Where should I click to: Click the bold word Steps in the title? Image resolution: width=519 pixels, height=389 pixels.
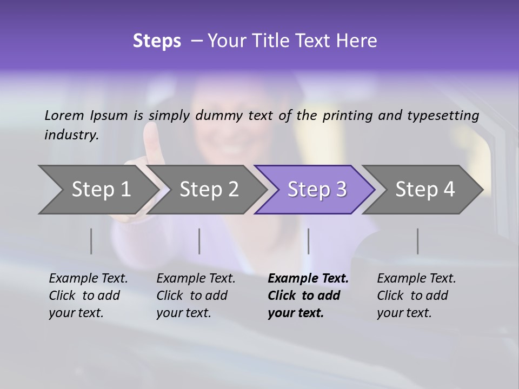point(157,41)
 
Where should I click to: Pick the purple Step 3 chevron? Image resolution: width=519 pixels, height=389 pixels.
point(317,190)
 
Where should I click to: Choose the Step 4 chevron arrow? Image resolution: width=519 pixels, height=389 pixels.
point(425,190)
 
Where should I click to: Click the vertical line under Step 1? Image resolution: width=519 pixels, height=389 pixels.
point(91,241)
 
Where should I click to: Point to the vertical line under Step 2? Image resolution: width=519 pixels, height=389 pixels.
point(199,241)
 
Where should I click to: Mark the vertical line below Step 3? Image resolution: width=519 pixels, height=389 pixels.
point(309,241)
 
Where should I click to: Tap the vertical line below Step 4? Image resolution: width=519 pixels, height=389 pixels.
point(417,241)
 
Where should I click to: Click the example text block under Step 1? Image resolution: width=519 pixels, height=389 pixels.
point(88,296)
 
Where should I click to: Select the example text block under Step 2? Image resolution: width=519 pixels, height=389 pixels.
point(196,296)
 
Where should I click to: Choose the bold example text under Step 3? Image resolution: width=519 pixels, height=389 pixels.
point(308,296)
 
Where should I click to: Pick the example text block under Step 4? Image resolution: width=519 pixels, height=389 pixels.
point(416,296)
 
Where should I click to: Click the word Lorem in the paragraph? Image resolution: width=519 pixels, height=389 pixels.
point(64,115)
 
